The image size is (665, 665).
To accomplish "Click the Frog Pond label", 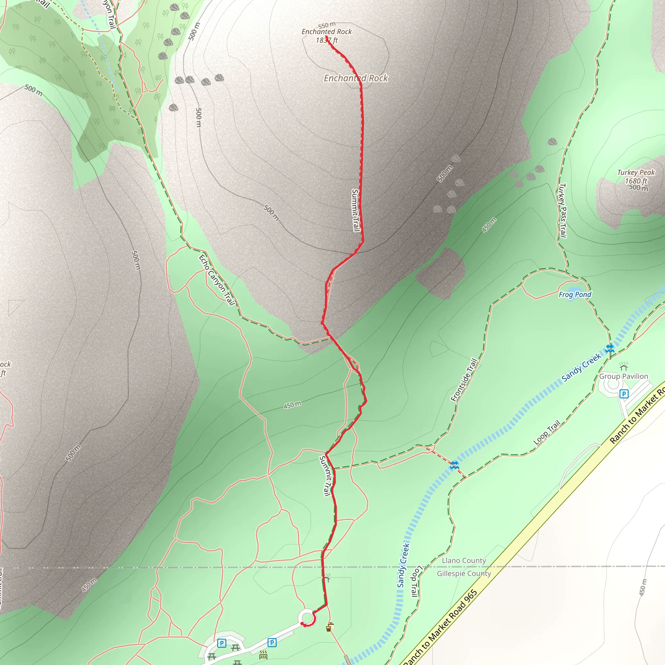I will pyautogui.click(x=575, y=295).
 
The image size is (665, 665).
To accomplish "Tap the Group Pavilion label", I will pyautogui.click(x=623, y=376).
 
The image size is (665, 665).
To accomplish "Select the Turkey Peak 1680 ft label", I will pyautogui.click(x=636, y=177).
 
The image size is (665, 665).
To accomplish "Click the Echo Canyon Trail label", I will pyautogui.click(x=217, y=280).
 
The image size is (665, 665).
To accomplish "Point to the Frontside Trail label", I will pyautogui.click(x=464, y=380).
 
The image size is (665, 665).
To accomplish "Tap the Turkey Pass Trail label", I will pyautogui.click(x=562, y=210).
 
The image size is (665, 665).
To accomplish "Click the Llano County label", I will pyautogui.click(x=464, y=560).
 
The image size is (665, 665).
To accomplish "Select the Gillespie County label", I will pyautogui.click(x=464, y=573).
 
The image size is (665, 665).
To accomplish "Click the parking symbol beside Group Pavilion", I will pyautogui.click(x=624, y=394).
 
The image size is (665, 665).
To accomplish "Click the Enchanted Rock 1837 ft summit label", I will pyautogui.click(x=327, y=36).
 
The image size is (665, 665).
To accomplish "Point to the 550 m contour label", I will pyautogui.click(x=327, y=25).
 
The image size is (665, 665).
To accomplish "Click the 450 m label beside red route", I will pyautogui.click(x=292, y=405).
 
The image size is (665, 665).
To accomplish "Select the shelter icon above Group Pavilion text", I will pyautogui.click(x=623, y=366).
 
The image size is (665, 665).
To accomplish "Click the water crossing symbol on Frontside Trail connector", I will pyautogui.click(x=454, y=465).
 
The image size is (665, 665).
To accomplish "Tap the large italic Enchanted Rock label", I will pyautogui.click(x=356, y=78).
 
